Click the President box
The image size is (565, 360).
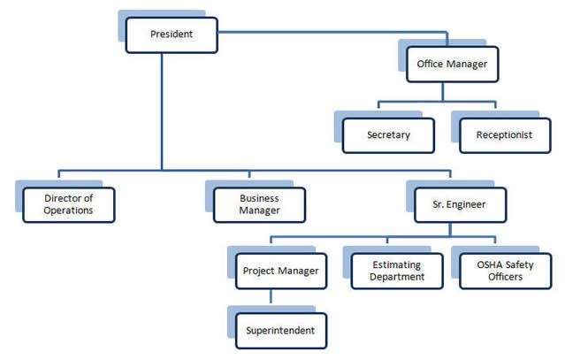tap(172, 35)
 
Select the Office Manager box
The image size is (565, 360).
tap(452, 65)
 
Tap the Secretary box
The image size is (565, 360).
tap(388, 135)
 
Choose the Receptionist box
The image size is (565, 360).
tap(505, 135)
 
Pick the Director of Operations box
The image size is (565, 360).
tap(68, 204)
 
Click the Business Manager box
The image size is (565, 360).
tap(259, 204)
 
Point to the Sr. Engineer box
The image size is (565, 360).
tap(460, 204)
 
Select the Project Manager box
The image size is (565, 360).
tap(281, 271)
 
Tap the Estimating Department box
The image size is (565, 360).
tap(397, 271)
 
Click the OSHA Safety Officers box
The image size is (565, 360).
tap(505, 271)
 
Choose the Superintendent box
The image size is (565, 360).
tap(281, 331)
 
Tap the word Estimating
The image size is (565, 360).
tap(396, 264)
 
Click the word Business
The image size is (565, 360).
tap(259, 198)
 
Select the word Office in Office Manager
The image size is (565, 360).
tap(430, 64)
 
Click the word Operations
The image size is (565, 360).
tap(68, 211)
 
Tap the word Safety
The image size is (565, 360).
tap(519, 265)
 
